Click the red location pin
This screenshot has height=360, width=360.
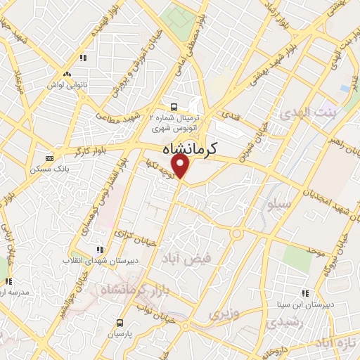click(181, 166)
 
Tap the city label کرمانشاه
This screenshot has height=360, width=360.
click(190, 149)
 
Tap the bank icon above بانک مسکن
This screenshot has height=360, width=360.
click(49, 158)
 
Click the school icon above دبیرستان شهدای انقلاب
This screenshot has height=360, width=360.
click(99, 249)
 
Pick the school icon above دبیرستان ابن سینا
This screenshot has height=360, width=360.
click(305, 292)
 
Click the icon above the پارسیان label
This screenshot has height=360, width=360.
click(120, 322)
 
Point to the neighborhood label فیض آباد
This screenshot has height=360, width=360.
click(188, 258)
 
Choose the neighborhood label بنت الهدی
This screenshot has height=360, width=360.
click(308, 112)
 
